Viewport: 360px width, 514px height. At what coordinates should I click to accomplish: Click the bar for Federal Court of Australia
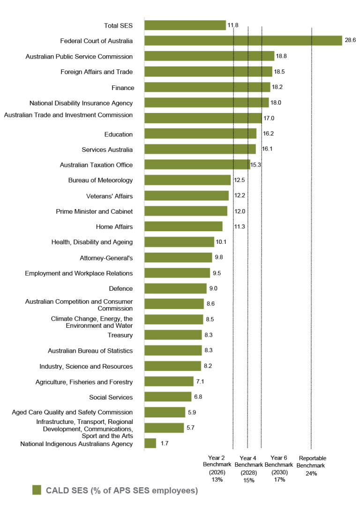pyautogui.click(x=243, y=41)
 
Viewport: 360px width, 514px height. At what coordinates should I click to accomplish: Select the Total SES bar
pyautogui.click(x=185, y=25)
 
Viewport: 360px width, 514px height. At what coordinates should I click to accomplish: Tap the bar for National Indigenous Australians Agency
pyautogui.click(x=150, y=443)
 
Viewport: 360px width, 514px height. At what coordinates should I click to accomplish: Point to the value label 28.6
pyautogui.click(x=350, y=41)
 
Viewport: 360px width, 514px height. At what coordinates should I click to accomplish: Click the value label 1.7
pyautogui.click(x=165, y=443)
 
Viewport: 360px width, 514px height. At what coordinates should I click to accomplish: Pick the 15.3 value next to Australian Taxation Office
pyautogui.click(x=256, y=165)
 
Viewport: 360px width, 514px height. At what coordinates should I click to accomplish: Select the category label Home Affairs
pyautogui.click(x=114, y=227)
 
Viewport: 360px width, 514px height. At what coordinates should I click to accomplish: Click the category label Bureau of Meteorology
pyautogui.click(x=100, y=180)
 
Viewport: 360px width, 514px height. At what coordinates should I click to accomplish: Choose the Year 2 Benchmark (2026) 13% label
pyautogui.click(x=217, y=469)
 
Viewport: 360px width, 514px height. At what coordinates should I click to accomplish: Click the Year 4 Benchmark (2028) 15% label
pyautogui.click(x=248, y=469)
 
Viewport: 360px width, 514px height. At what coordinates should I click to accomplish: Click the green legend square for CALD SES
pyautogui.click(x=37, y=491)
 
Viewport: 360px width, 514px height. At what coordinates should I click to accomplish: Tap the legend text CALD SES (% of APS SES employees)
pyautogui.click(x=122, y=491)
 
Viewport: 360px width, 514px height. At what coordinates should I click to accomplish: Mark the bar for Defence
pyautogui.click(x=175, y=288)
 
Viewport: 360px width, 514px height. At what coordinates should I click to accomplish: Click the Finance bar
pyautogui.click(x=207, y=87)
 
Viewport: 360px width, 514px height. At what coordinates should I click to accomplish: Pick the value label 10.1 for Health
pyautogui.click(x=221, y=242)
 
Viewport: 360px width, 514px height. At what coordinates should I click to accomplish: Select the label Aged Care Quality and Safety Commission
pyautogui.click(x=72, y=412)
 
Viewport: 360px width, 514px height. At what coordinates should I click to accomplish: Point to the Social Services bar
pyautogui.click(x=168, y=397)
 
